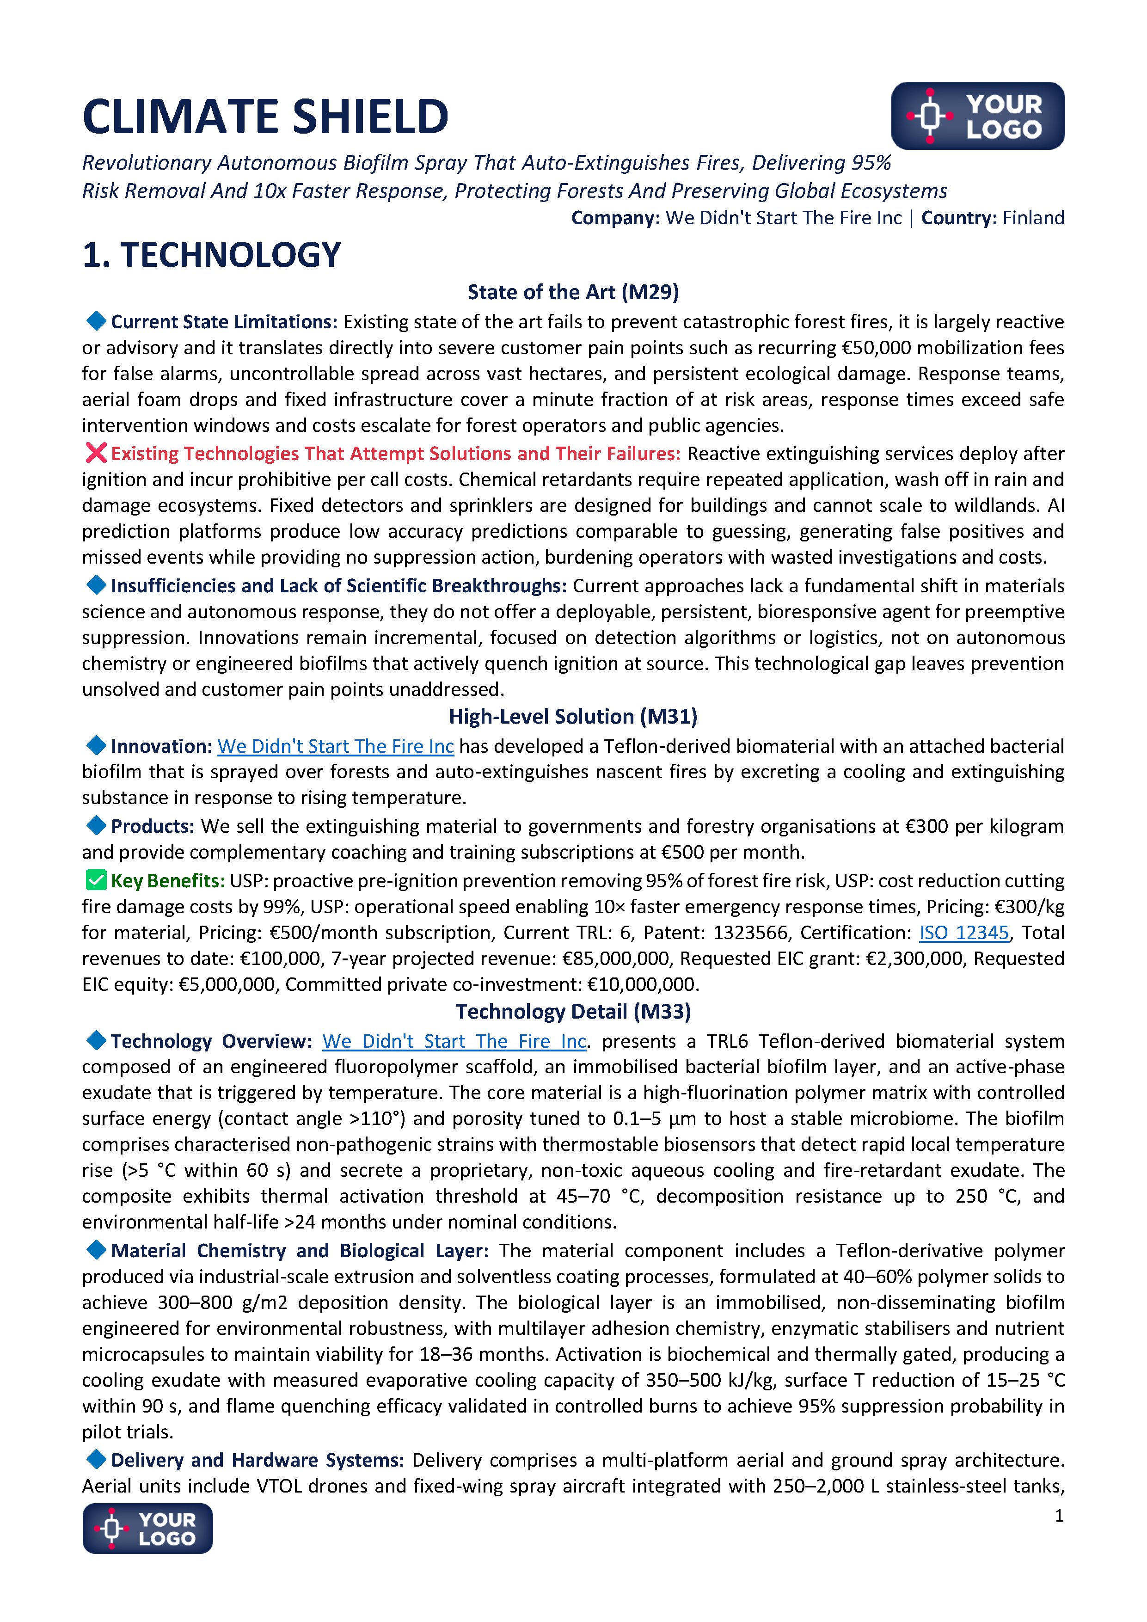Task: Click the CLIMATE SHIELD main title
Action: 265,117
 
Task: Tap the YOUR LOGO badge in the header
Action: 977,116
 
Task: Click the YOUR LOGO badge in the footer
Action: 147,1528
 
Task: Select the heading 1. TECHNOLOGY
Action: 211,255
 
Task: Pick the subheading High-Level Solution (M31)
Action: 573,716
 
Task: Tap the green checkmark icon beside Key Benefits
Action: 96,880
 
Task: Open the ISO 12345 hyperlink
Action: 963,933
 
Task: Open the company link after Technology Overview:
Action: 454,1041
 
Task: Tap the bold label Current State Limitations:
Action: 224,322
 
